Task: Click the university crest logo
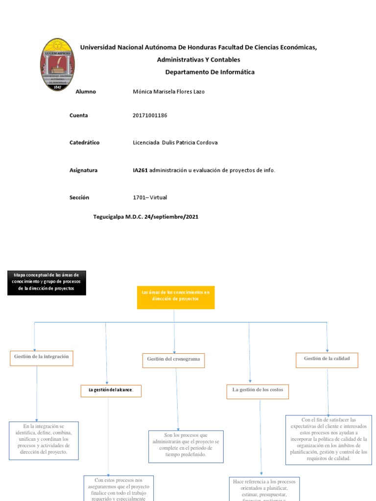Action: coord(58,65)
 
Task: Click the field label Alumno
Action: coord(86,91)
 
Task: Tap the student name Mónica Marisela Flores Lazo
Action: coord(168,91)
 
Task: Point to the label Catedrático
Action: coord(85,142)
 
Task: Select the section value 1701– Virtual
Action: coord(150,198)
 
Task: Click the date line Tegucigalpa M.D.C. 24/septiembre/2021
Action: coord(145,216)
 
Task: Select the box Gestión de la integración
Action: coord(42,357)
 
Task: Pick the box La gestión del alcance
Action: coord(111,390)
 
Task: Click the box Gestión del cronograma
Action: coord(174,360)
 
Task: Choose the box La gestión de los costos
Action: coord(258,390)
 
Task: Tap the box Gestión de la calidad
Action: coord(327,359)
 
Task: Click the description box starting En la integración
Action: coord(43,439)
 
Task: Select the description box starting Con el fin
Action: coord(329,439)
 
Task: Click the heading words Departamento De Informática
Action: coord(210,72)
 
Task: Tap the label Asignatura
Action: coord(84,170)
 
